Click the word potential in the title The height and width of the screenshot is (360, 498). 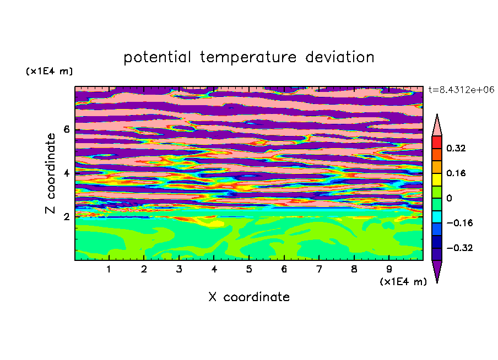(x=157, y=58)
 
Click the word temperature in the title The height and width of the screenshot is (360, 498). (x=248, y=58)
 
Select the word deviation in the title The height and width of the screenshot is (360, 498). (x=340, y=57)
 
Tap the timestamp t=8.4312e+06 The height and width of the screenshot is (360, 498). (x=461, y=90)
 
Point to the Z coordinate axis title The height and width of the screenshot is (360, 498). (x=51, y=173)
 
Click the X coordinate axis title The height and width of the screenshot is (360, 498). (x=249, y=297)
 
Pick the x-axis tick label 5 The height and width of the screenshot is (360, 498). (x=249, y=269)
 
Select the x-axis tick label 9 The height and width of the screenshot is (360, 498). (x=389, y=269)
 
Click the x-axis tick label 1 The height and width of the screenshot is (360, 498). (x=109, y=269)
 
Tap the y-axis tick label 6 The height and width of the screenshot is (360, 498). (x=66, y=129)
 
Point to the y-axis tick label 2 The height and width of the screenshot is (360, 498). (x=66, y=217)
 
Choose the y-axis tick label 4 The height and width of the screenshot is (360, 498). (x=66, y=173)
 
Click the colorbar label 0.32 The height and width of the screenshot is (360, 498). (x=456, y=148)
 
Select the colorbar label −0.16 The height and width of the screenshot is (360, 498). (x=459, y=223)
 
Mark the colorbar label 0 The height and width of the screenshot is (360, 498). (x=449, y=198)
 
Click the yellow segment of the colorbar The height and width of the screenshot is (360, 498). (x=437, y=179)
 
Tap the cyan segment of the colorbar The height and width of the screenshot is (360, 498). (x=437, y=217)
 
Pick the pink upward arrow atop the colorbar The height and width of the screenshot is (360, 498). (x=437, y=126)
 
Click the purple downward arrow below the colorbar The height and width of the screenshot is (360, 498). (x=437, y=271)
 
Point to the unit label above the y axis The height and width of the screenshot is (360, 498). (x=49, y=71)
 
